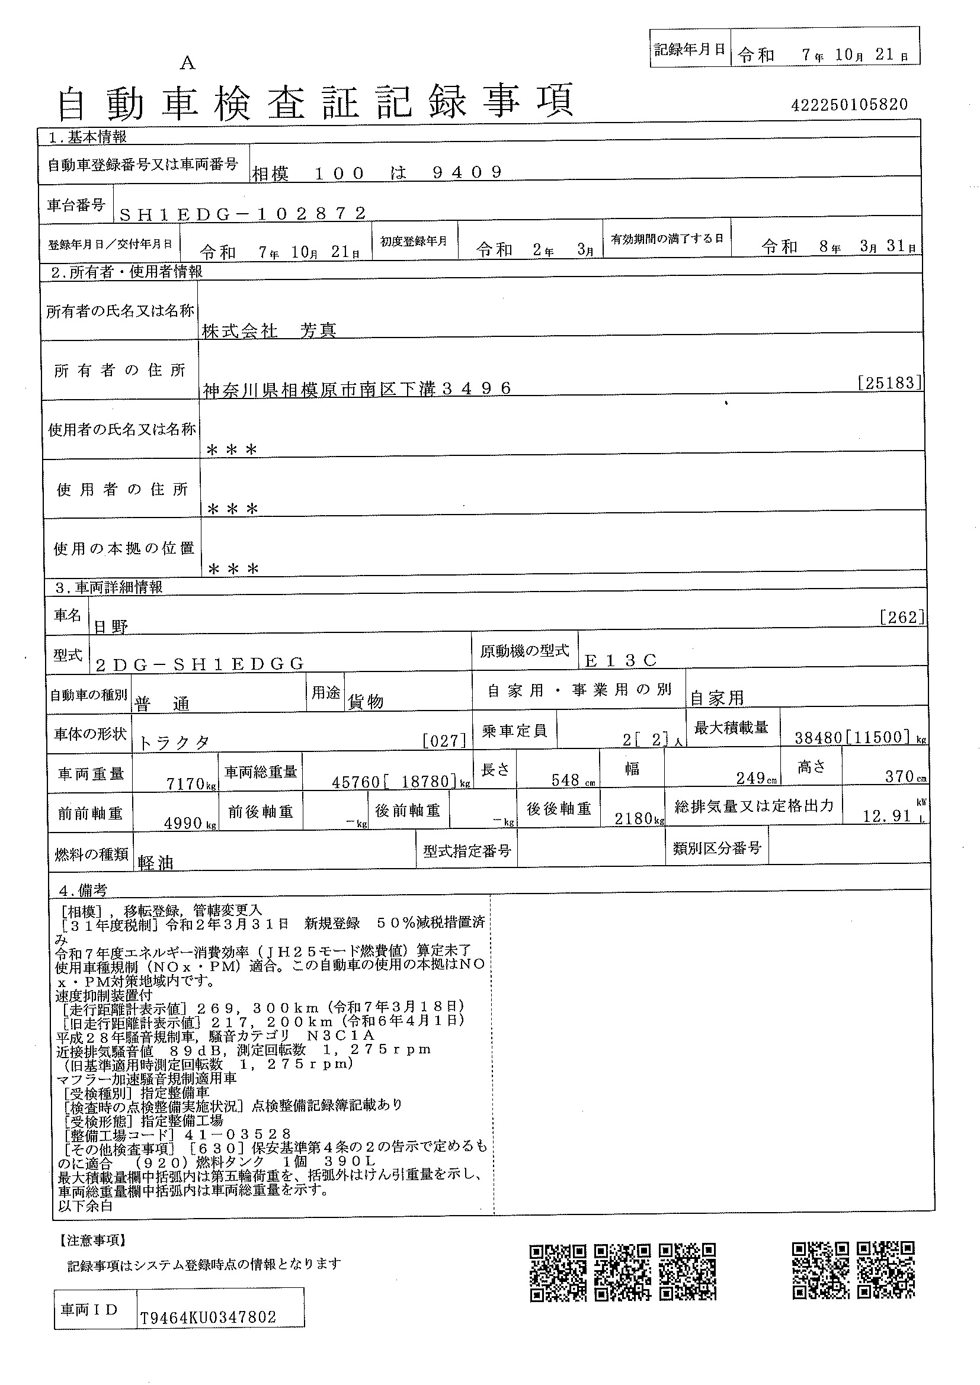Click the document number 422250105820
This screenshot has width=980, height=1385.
pyautogui.click(x=848, y=105)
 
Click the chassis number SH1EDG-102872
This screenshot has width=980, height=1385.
pyautogui.click(x=242, y=214)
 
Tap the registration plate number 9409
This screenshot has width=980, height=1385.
pyautogui.click(x=467, y=173)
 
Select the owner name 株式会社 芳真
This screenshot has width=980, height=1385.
pyautogui.click(x=269, y=330)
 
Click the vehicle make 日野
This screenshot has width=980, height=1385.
pyautogui.click(x=111, y=626)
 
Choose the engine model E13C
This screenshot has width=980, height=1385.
pyautogui.click(x=620, y=661)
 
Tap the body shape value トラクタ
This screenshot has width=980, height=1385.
pyautogui.click(x=174, y=743)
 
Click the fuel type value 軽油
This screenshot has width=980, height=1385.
pyautogui.click(x=156, y=863)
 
